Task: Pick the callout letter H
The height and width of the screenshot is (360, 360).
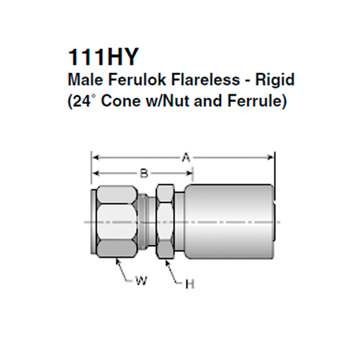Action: coord(189,284)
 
